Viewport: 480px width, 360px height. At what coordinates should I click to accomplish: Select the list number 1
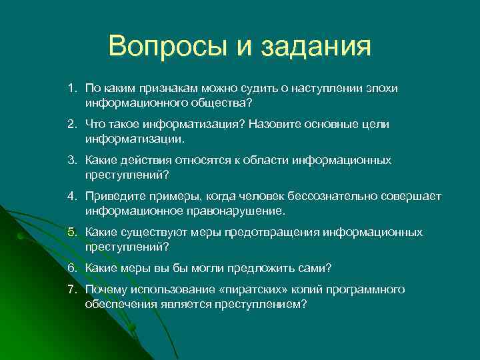pos(71,89)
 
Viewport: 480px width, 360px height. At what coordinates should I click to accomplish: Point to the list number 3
pos(71,161)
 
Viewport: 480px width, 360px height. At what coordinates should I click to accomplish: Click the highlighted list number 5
pos(71,233)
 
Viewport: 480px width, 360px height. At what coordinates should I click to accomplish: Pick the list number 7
pos(71,289)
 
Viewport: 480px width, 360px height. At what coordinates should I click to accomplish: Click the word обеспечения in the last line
pos(121,304)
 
